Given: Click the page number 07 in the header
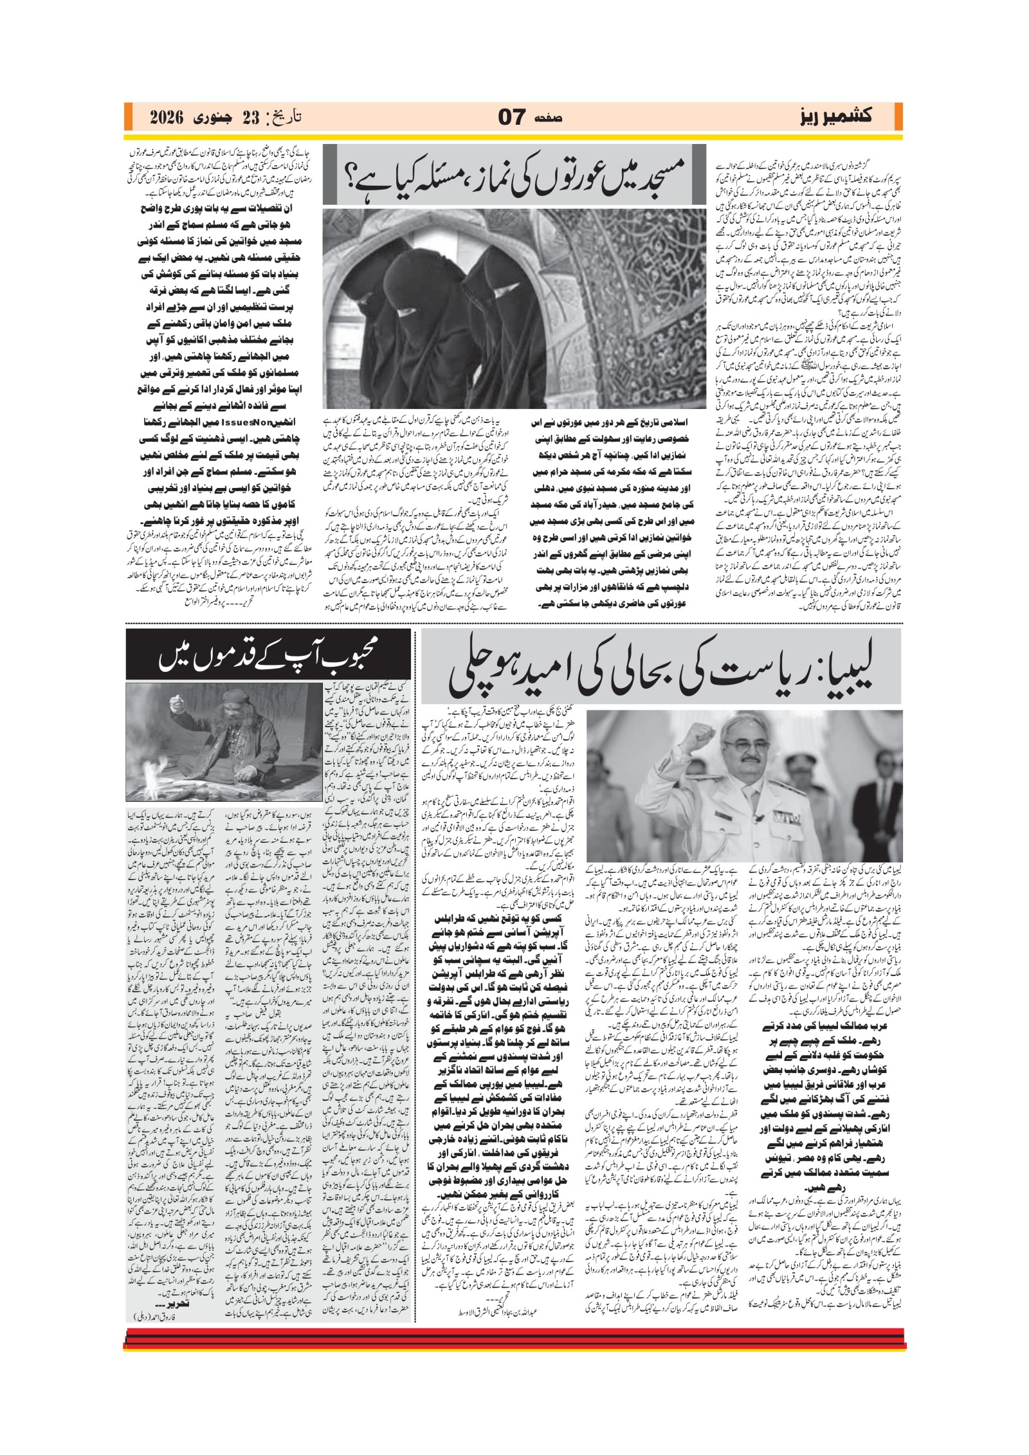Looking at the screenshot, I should click(x=511, y=117).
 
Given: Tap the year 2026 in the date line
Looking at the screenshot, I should click(x=167, y=118).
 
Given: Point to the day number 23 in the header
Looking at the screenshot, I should click(x=238, y=118).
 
